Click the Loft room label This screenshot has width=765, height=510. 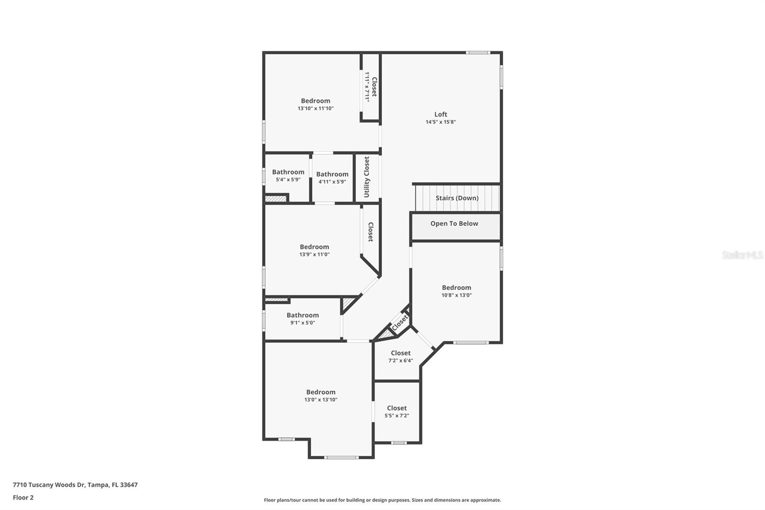pos(440,114)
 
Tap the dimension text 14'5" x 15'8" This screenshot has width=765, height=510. pos(440,122)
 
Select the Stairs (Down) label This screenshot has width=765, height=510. pos(457,198)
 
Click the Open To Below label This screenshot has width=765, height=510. pos(454,223)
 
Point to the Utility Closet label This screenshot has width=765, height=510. pos(367,177)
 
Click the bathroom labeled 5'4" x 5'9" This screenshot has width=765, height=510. pos(288,175)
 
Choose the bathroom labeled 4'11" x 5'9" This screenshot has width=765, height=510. pos(332,177)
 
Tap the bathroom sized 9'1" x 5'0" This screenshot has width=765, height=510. pos(302,318)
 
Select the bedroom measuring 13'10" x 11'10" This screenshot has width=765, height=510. pos(315,104)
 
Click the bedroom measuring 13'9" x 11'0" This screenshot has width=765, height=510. pos(314,250)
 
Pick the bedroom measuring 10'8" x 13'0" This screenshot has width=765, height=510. pos(456,291)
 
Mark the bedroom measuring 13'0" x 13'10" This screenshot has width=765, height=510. pos(320,395)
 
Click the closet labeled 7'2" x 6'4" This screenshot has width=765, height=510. pos(400,356)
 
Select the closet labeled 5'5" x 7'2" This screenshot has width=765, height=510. pos(396,411)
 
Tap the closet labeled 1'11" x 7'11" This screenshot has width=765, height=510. pos(371,87)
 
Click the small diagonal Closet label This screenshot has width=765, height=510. pos(399,322)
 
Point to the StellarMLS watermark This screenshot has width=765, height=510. pos(742,255)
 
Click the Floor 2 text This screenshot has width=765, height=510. pos(23,498)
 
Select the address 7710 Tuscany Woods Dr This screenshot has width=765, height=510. pos(75,485)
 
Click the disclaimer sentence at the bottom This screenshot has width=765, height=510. pos(382,500)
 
